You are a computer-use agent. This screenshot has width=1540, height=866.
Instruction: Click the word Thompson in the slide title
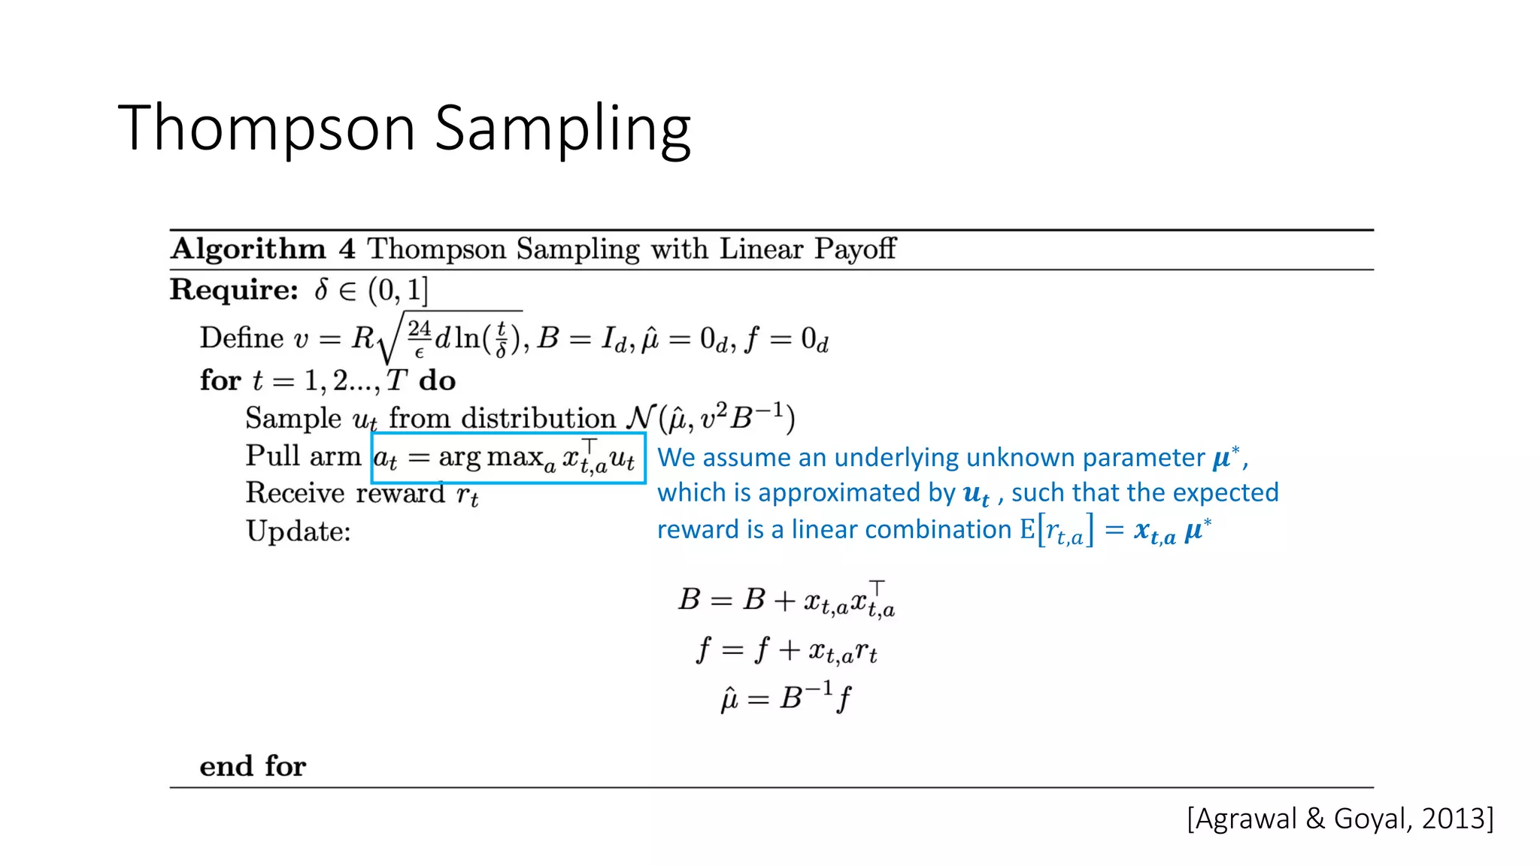[x=266, y=129]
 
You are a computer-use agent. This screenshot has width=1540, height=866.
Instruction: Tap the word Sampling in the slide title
[x=562, y=129]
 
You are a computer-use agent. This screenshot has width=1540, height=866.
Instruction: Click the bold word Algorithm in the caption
[x=248, y=249]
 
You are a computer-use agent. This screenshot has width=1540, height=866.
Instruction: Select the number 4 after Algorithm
[x=347, y=249]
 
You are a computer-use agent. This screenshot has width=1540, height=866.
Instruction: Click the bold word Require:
[x=235, y=289]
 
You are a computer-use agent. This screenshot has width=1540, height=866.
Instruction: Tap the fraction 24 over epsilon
[x=419, y=338]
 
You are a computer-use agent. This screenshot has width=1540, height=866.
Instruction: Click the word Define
[x=241, y=338]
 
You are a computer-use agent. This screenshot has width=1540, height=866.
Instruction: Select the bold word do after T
[x=437, y=380]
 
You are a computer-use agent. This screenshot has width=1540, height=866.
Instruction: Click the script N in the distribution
[x=641, y=418]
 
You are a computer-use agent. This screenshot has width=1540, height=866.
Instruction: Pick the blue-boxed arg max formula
[x=508, y=458]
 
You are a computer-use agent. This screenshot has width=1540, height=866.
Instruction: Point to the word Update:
[x=299, y=531]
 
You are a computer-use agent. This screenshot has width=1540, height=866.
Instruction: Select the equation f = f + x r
[x=787, y=650]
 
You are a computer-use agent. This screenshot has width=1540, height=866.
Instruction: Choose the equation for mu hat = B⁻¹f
[x=787, y=698]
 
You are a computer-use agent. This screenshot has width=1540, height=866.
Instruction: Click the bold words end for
[x=253, y=766]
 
